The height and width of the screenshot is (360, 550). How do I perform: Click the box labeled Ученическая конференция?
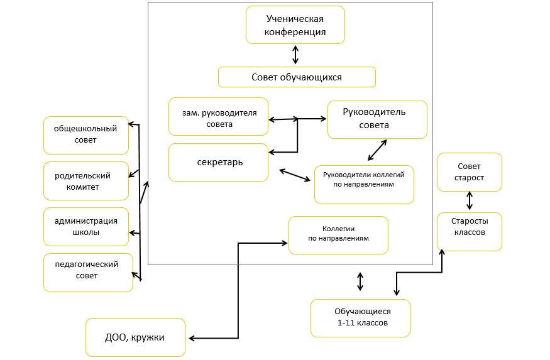295,25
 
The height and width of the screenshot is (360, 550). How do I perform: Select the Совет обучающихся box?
297,77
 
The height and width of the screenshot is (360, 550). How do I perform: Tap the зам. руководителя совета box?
218,116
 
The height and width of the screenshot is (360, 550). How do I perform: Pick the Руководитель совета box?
377,119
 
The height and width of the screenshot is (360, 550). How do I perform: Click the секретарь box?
218,162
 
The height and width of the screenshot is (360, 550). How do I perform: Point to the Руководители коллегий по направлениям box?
364,185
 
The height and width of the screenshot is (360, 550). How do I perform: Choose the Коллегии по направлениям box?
338,235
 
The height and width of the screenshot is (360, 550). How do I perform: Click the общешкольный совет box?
86,135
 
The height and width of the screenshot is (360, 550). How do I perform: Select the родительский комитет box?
86,181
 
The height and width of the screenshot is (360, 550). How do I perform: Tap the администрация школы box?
86,227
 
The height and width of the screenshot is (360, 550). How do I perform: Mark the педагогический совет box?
88,272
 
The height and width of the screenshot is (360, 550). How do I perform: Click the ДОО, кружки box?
135,337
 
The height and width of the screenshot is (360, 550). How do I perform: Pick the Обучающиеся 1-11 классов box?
360,318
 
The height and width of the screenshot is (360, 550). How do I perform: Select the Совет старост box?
470,172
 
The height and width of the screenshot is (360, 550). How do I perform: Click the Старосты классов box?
470,232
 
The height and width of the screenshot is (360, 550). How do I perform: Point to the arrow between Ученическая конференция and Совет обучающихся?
295,55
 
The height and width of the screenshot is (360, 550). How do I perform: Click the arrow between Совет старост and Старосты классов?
469,202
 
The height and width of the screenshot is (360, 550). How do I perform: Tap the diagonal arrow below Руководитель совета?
377,150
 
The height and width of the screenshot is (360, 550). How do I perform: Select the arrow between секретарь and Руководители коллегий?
295,175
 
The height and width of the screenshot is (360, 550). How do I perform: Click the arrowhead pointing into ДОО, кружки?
192,339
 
